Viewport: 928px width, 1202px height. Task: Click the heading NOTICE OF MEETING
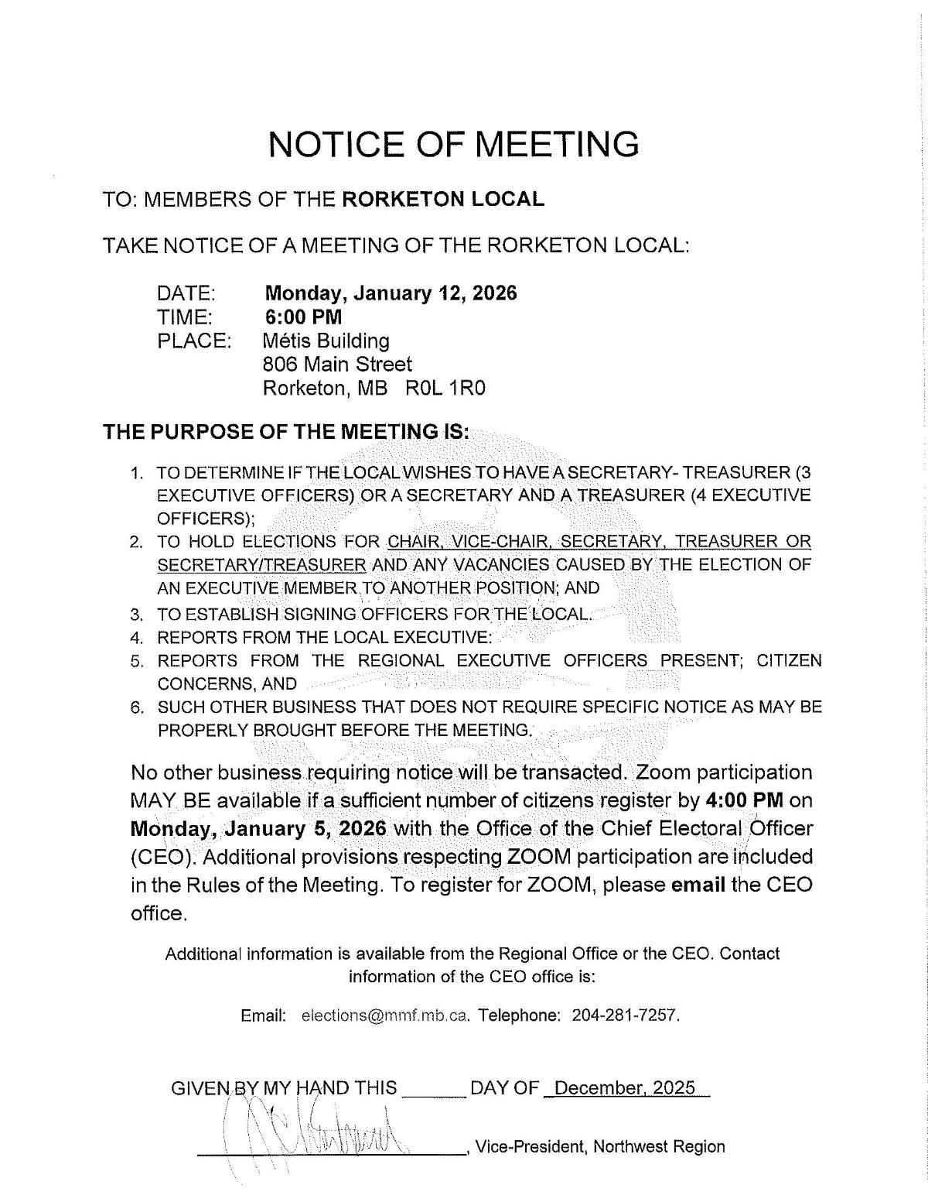(453, 145)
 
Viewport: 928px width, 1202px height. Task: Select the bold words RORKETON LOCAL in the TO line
(442, 199)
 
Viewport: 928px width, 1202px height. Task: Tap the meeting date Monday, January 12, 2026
(391, 293)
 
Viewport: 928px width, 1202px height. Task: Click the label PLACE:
(194, 341)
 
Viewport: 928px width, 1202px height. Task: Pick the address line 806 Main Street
(337, 364)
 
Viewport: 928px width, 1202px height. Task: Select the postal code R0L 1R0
(445, 388)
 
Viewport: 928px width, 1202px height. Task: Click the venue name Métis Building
(326, 341)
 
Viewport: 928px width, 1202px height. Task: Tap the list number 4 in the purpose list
(136, 638)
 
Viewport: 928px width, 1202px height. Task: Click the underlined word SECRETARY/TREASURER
(261, 564)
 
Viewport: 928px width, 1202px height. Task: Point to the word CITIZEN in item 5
(788, 660)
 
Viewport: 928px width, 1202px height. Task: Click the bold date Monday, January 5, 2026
(258, 828)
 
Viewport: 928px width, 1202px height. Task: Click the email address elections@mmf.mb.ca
(385, 1015)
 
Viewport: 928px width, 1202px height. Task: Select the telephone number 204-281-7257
(625, 1015)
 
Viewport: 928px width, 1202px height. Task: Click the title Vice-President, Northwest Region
(600, 1146)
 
